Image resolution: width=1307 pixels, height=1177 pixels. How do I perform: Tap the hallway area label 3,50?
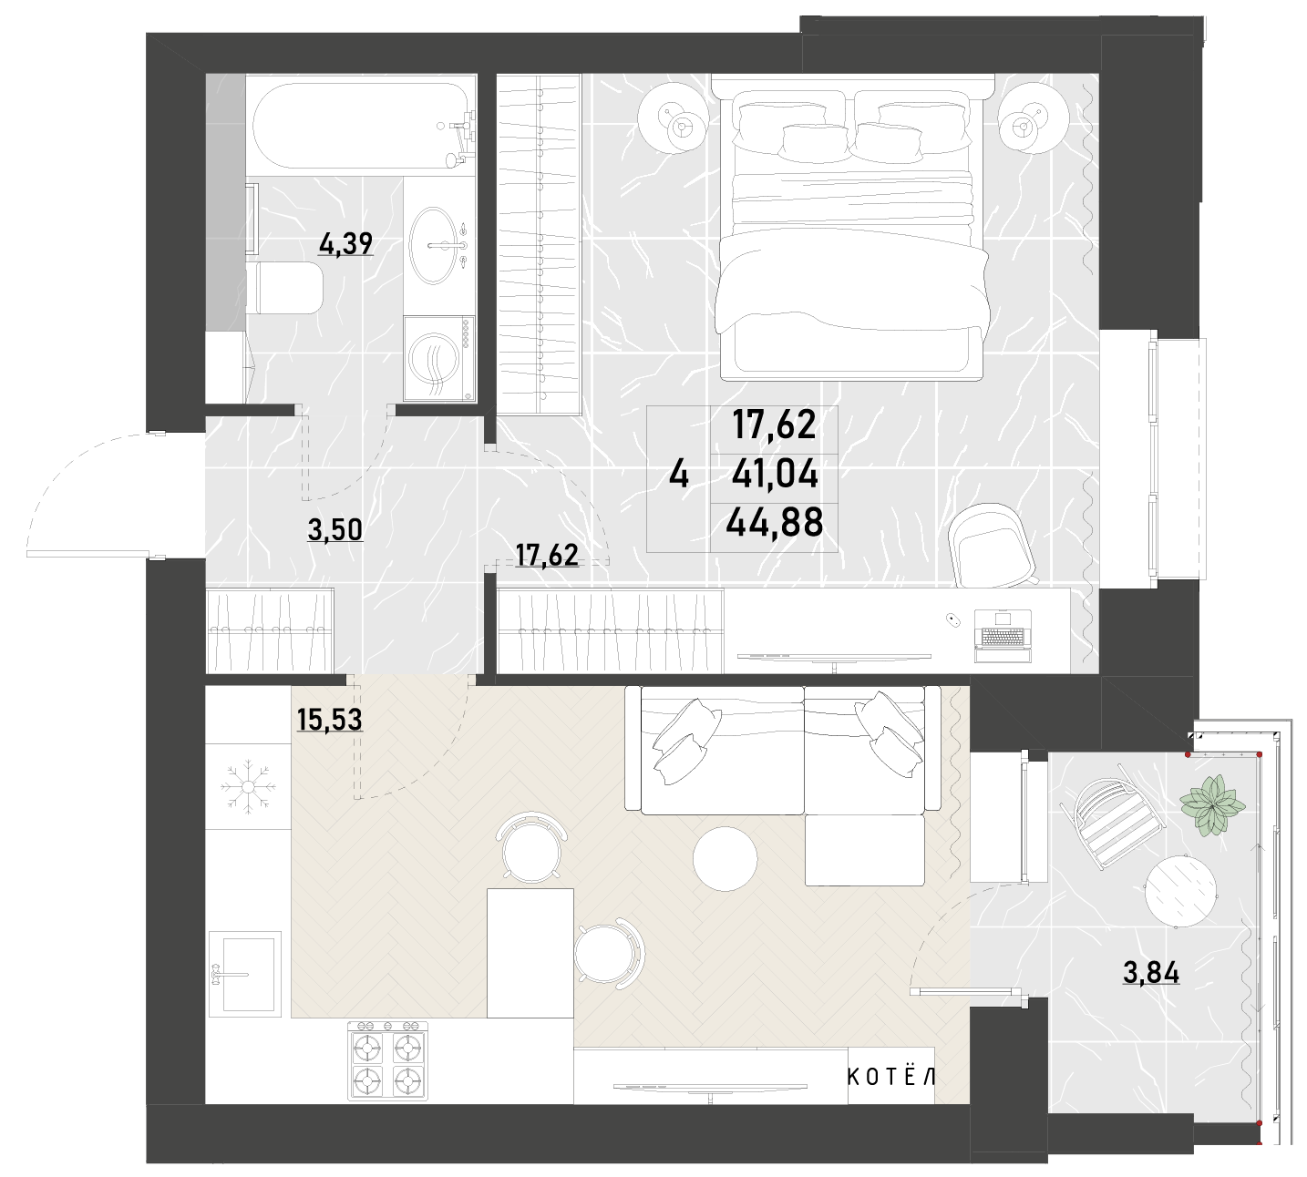pos(334,530)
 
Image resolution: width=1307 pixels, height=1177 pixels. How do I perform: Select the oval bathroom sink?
pos(433,246)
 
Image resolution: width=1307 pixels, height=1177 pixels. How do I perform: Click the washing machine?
pos(439,359)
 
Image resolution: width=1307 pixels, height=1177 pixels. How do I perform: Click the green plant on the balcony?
pos(1213,806)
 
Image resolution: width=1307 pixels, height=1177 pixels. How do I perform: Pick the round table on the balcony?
pos(1180,891)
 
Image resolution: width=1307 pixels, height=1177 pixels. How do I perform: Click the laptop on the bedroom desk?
pos(1003,637)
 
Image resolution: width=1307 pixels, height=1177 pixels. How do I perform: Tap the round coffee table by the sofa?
pos(726,859)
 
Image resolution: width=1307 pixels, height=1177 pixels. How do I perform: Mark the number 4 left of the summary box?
pos(679,476)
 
